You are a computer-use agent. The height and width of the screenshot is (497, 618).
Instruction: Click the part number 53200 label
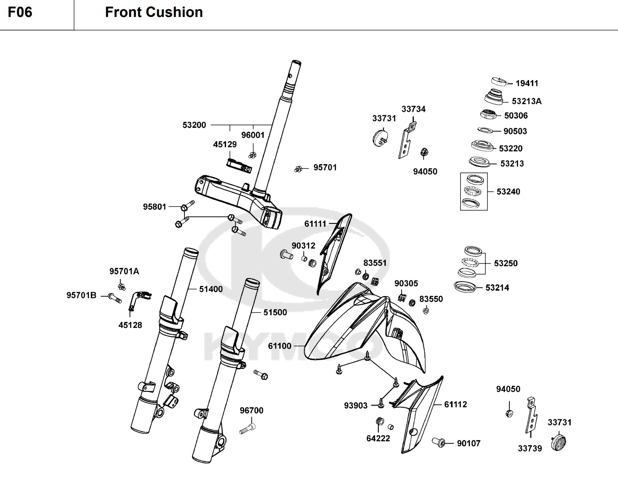(194, 125)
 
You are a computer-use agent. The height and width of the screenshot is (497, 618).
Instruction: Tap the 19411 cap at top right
(500, 82)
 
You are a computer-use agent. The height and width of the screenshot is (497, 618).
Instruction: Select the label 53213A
(526, 101)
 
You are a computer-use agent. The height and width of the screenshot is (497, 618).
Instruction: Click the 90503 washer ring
(485, 130)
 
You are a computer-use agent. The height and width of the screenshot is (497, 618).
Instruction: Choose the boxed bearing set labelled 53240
(473, 191)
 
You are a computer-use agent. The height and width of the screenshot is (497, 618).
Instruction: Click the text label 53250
(505, 263)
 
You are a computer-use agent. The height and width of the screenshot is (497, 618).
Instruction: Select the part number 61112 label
(455, 404)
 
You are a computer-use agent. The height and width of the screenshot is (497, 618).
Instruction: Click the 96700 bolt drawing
(248, 428)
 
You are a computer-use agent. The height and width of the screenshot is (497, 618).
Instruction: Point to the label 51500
(275, 312)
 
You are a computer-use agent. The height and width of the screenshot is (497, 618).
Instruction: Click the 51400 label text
(210, 289)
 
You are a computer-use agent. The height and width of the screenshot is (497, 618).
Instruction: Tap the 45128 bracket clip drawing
(138, 300)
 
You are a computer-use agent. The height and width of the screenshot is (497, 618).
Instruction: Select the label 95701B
(81, 295)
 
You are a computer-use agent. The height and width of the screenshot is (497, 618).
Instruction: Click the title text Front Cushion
(154, 13)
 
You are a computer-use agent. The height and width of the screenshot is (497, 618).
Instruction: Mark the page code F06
(20, 13)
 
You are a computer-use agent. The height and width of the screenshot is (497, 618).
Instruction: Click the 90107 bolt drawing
(439, 443)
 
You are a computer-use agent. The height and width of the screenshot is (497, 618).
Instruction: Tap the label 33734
(413, 109)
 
